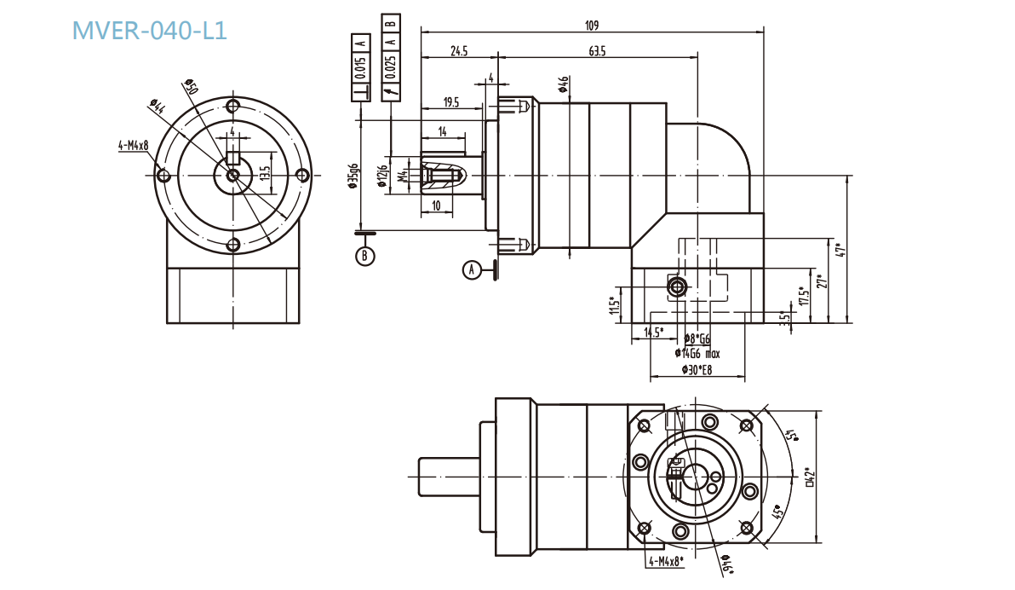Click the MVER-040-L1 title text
150,31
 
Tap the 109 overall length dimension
592,25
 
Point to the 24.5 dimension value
459,51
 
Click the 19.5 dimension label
450,102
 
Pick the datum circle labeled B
365,255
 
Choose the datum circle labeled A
471,269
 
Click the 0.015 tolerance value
361,67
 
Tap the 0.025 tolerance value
391,67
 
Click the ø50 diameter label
191,88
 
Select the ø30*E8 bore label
696,369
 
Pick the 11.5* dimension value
612,304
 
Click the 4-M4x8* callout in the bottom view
667,561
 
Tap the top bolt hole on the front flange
232,106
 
